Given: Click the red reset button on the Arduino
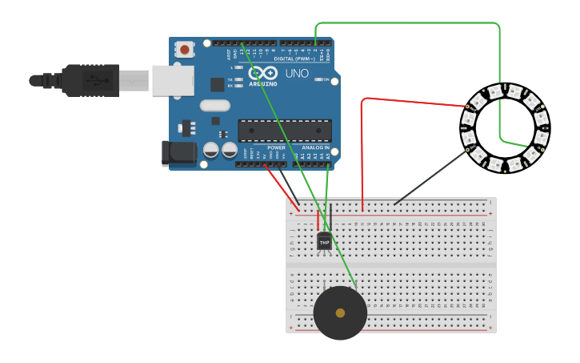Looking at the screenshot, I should [x=185, y=50].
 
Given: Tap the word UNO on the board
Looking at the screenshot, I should [x=297, y=73].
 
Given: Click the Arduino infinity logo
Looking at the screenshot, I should [x=262, y=73].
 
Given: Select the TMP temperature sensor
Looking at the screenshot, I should [x=324, y=241].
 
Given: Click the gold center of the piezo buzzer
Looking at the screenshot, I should [x=340, y=313].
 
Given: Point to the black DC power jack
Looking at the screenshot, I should [x=178, y=154].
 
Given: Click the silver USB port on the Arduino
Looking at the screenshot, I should [x=172, y=79].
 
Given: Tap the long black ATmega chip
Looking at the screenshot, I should [x=285, y=131].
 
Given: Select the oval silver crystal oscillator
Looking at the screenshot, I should [x=214, y=105].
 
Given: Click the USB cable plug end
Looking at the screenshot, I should [x=92, y=80].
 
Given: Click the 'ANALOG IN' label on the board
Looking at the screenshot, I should [x=315, y=148].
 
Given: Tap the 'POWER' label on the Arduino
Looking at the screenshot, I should [x=276, y=148].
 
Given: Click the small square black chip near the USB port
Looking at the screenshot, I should [x=217, y=84].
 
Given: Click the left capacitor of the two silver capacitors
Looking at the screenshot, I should [x=211, y=150].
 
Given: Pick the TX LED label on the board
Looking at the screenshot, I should [x=230, y=79].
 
